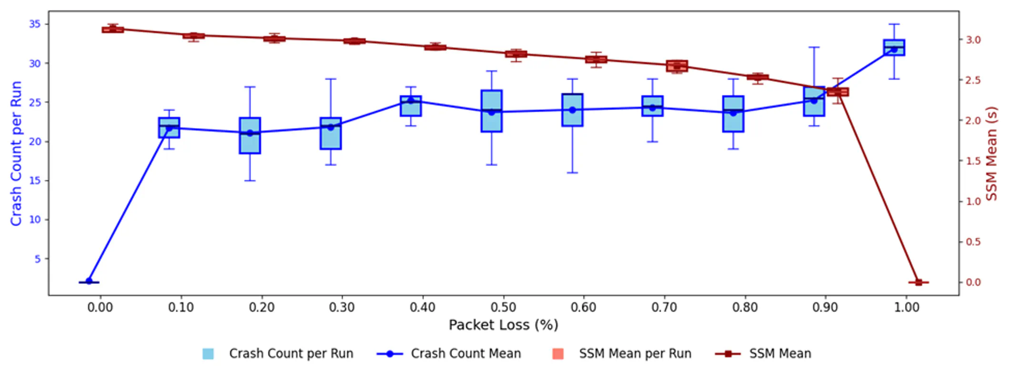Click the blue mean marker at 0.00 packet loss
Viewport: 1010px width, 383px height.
click(x=89, y=281)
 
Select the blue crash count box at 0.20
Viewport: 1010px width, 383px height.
click(x=250, y=136)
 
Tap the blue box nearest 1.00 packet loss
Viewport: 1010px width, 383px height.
click(x=894, y=48)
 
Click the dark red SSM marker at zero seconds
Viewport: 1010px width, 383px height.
click(x=918, y=282)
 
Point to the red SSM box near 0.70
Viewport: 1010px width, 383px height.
click(x=677, y=66)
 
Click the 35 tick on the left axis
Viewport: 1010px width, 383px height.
click(x=35, y=24)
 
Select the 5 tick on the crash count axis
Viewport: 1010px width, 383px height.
click(x=38, y=259)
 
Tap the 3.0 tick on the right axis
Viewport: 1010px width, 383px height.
click(x=973, y=40)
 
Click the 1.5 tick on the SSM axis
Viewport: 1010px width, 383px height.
click(x=973, y=161)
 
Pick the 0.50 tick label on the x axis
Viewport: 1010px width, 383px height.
click(x=503, y=307)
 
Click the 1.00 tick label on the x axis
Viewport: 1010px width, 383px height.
click(x=906, y=307)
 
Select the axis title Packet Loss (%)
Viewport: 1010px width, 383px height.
click(x=503, y=325)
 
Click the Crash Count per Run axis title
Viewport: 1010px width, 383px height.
click(x=16, y=153)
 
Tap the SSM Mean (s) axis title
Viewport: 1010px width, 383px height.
click(x=991, y=153)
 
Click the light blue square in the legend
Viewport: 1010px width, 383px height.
click(x=208, y=354)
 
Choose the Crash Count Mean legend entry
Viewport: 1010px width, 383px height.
click(x=465, y=353)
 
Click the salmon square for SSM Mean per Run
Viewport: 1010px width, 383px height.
click(x=557, y=354)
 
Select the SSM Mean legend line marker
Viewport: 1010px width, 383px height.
click(x=727, y=354)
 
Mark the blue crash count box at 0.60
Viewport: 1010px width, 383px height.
click(x=572, y=110)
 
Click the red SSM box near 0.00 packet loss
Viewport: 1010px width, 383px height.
click(x=113, y=30)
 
